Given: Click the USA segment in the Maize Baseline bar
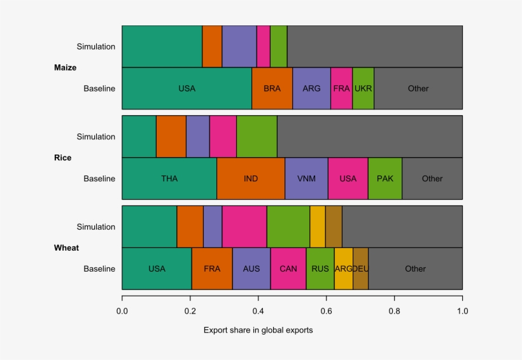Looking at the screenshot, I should point(187,88).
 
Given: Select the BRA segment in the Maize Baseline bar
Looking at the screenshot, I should point(272,88).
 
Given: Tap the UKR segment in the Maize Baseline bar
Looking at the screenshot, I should point(363,88).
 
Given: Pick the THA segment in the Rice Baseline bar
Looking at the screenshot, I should point(169,179).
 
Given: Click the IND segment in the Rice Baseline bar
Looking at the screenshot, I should point(251,179).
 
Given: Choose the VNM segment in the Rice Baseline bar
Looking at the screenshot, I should point(306,179).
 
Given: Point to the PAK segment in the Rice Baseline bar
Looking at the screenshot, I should point(385,179).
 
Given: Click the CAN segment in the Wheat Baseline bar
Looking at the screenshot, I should point(288,269).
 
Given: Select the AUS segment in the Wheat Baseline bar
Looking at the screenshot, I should point(251,269).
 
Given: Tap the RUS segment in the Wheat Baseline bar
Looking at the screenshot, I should point(320,269).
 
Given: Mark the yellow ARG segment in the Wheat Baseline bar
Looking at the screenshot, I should point(343,269).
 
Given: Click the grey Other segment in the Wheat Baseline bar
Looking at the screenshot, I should point(415,269).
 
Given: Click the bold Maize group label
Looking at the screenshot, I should point(65,67).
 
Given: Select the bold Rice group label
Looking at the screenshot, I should point(63,158).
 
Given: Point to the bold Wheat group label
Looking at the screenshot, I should point(66,248).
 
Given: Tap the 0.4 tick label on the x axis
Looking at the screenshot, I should point(258,312).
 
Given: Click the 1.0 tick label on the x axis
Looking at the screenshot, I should point(462,312).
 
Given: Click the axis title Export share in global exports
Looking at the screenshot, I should point(258,330).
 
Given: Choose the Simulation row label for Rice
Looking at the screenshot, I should point(95,137).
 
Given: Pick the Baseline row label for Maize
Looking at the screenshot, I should point(99,88).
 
